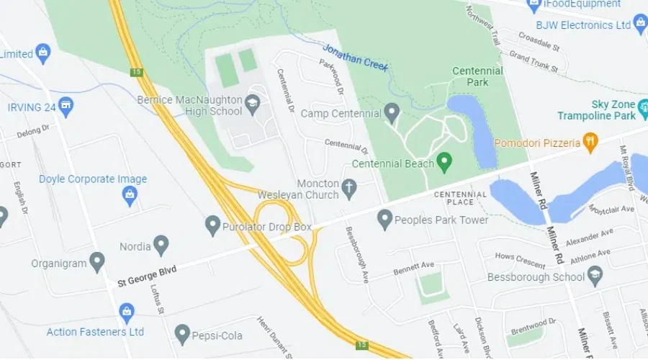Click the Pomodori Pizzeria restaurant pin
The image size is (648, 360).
[590, 142]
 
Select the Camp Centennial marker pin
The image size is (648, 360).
[392, 112]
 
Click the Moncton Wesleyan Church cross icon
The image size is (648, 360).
[349, 189]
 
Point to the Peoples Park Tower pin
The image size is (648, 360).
[385, 219]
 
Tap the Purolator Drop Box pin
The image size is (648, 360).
[212, 225]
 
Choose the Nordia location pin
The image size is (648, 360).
[161, 246]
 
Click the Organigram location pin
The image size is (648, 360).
[97, 261]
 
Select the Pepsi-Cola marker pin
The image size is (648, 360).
[182, 333]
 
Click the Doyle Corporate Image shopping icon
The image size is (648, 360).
[130, 194]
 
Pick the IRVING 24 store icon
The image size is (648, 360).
[66, 107]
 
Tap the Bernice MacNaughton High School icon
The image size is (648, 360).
[253, 103]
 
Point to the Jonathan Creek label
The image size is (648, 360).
[356, 58]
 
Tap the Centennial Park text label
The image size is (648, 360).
[477, 76]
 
